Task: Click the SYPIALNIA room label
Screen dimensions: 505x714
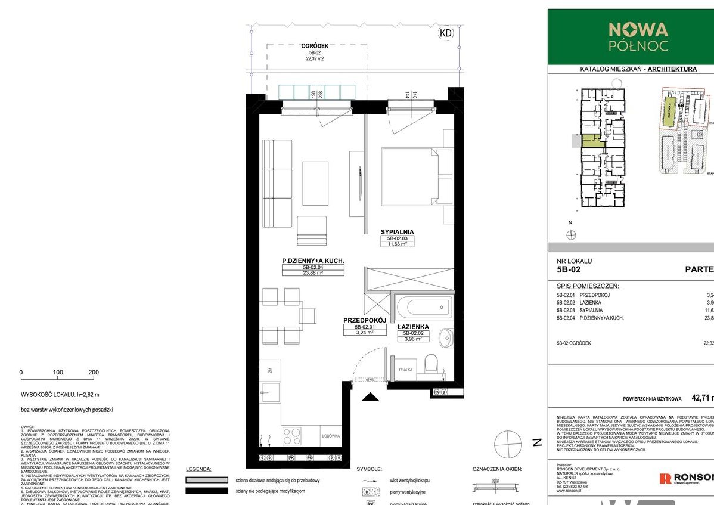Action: pos(397,232)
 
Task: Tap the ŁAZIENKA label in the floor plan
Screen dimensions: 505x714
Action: pos(413,327)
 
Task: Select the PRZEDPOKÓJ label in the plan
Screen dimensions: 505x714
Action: pos(365,320)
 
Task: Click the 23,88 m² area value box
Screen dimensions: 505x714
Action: pos(313,274)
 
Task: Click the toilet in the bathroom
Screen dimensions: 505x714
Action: pos(431,363)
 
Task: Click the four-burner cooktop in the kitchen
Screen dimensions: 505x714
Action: pos(292,436)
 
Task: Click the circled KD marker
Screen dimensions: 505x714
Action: pos(445,33)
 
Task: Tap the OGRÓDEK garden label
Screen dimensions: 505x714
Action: pos(315,45)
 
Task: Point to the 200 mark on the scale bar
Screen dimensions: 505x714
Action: pos(94,372)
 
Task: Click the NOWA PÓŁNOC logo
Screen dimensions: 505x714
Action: pos(638,35)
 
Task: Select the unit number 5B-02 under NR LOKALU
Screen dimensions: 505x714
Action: pos(568,269)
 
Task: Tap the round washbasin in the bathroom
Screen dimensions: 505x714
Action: pos(445,338)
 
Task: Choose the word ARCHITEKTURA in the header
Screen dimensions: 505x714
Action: pos(672,69)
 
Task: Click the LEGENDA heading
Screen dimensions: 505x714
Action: pos(198,469)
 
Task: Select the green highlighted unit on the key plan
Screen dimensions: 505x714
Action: pos(591,141)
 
